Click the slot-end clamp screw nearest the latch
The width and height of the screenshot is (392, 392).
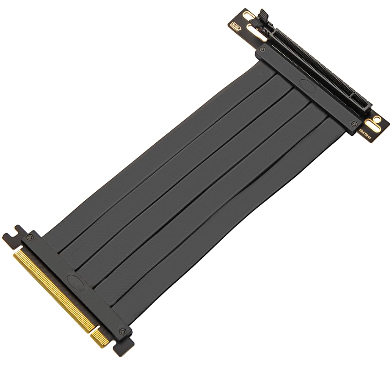(262, 50)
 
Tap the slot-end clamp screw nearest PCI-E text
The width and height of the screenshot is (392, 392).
(355, 123)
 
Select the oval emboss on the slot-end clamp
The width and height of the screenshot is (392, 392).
(305, 83)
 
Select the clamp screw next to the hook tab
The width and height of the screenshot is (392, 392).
(30, 237)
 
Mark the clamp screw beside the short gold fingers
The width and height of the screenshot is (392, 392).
(123, 331)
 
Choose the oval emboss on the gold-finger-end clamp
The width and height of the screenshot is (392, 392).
(73, 280)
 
